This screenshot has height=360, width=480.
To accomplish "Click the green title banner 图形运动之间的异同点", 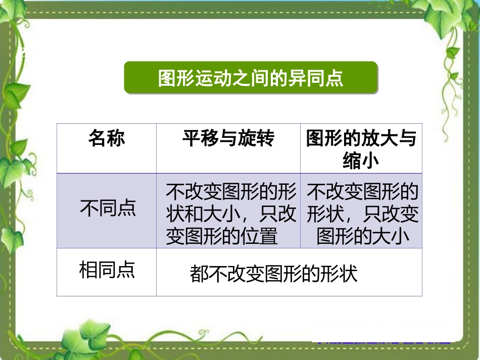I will (x=251, y=78).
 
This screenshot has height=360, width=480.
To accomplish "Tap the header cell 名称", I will (x=107, y=138).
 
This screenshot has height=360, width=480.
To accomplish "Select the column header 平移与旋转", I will (x=228, y=138).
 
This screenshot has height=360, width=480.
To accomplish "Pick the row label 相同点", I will (x=107, y=270).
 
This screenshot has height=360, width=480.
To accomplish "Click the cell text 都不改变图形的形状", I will (x=273, y=274).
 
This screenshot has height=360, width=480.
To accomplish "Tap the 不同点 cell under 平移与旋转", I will (x=230, y=214).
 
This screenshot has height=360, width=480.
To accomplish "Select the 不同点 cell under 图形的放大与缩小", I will (x=362, y=214).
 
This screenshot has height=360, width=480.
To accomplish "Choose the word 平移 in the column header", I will (x=201, y=138).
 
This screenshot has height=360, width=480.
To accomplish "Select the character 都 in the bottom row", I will (x=199, y=275).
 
